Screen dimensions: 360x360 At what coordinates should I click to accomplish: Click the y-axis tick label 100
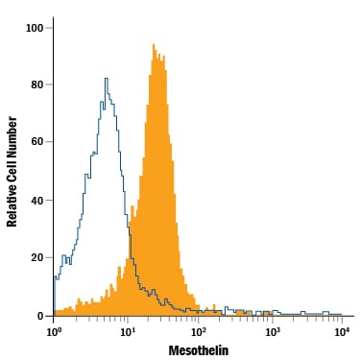pyautogui.click(x=35, y=28)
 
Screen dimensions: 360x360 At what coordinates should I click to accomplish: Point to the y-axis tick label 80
pyautogui.click(x=37, y=84)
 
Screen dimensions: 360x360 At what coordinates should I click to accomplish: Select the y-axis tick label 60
pyautogui.click(x=37, y=142)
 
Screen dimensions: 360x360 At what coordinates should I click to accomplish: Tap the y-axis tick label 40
pyautogui.click(x=37, y=201)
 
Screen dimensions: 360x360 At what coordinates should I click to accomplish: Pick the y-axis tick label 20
pyautogui.click(x=37, y=257)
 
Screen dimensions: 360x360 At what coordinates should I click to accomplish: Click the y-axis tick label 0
pyautogui.click(x=40, y=316)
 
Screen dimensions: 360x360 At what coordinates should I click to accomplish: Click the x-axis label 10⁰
pyautogui.click(x=54, y=331)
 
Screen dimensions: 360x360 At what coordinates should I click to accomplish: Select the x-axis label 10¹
pyautogui.click(x=127, y=331)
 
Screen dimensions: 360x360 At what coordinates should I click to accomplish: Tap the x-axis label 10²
pyautogui.click(x=199, y=331)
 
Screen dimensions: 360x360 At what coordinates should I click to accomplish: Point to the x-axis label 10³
pyautogui.click(x=272, y=331)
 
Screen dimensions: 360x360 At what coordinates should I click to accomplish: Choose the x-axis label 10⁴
pyautogui.click(x=342, y=331)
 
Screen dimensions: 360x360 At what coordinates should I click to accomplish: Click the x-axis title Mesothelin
pyautogui.click(x=199, y=350)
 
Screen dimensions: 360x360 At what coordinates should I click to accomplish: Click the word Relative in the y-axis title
pyautogui.click(x=12, y=207)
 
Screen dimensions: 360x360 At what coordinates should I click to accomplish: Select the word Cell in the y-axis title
pyautogui.click(x=12, y=176)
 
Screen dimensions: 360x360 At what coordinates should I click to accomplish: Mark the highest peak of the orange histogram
pyautogui.click(x=154, y=44)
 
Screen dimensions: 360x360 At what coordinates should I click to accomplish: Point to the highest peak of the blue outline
pyautogui.click(x=107, y=78)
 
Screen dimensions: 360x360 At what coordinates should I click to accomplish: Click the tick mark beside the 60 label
pyautogui.click(x=49, y=142)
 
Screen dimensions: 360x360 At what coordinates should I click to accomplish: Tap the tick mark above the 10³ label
pyautogui.click(x=272, y=319)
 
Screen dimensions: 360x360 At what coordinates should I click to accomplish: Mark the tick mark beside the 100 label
pyautogui.click(x=49, y=28)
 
